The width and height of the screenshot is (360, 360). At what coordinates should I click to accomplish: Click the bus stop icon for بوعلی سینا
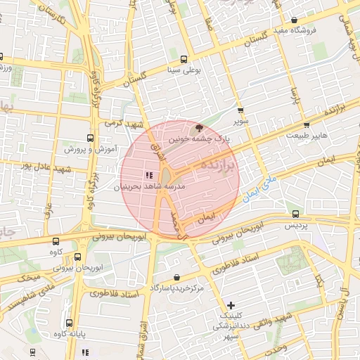(184, 59)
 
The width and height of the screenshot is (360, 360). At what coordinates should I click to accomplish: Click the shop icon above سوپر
(240, 111)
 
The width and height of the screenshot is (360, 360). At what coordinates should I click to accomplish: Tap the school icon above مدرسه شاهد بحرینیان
(148, 175)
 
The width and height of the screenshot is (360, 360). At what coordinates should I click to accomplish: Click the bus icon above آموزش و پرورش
(89, 138)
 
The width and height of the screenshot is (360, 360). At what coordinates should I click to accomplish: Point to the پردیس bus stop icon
(295, 214)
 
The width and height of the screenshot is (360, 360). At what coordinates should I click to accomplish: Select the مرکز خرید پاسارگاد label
(176, 289)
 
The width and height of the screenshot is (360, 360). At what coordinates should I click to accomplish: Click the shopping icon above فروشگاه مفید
(293, 20)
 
